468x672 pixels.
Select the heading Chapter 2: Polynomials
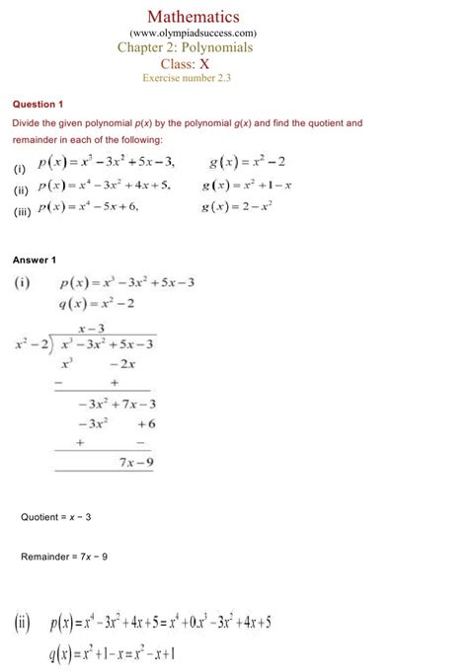186,47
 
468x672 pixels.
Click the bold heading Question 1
38,104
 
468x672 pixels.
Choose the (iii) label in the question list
20,209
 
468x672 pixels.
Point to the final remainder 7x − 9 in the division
135,461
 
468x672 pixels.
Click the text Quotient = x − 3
56,517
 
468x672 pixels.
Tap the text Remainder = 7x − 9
64,557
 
